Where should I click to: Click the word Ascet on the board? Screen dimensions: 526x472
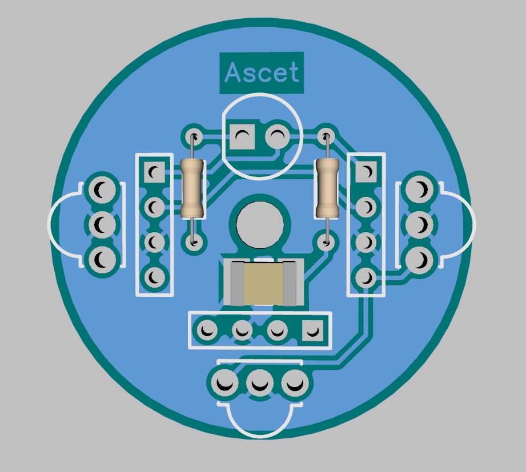click(x=262, y=72)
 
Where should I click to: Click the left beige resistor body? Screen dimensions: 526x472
click(x=192, y=189)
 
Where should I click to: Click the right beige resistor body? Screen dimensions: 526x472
click(x=327, y=189)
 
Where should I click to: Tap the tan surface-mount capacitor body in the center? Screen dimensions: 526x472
click(x=263, y=283)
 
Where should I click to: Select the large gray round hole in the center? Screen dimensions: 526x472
click(x=260, y=225)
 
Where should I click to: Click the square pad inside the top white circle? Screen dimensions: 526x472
click(x=242, y=137)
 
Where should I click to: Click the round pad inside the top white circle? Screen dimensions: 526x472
click(x=278, y=137)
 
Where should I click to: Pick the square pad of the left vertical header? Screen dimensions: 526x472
click(x=154, y=172)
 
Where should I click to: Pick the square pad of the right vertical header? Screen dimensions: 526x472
click(x=366, y=171)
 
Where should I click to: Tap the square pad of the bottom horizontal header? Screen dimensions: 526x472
click(x=312, y=330)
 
